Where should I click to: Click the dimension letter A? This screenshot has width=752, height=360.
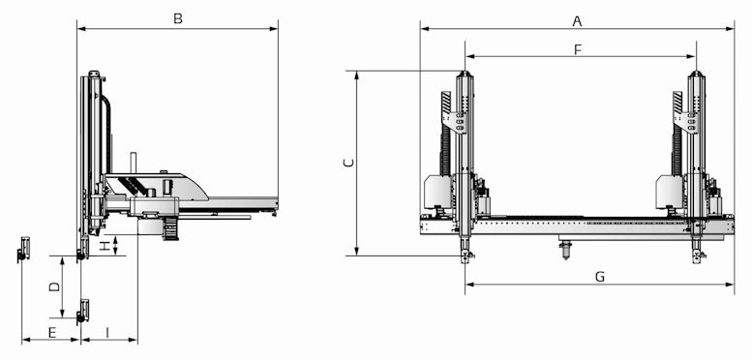tap(578, 21)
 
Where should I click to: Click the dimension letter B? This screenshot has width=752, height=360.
tap(178, 19)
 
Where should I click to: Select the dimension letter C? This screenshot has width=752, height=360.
tap(349, 163)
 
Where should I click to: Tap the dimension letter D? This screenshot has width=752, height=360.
tap(54, 286)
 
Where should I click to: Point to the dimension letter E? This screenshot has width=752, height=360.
tap(52, 332)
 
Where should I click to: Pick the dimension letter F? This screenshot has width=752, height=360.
tap(578, 50)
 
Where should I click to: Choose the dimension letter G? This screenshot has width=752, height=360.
tap(600, 277)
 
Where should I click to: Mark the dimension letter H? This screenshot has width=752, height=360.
tap(105, 247)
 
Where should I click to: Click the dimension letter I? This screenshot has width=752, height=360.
tap(107, 332)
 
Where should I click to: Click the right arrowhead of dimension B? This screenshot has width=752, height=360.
tap(274, 29)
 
